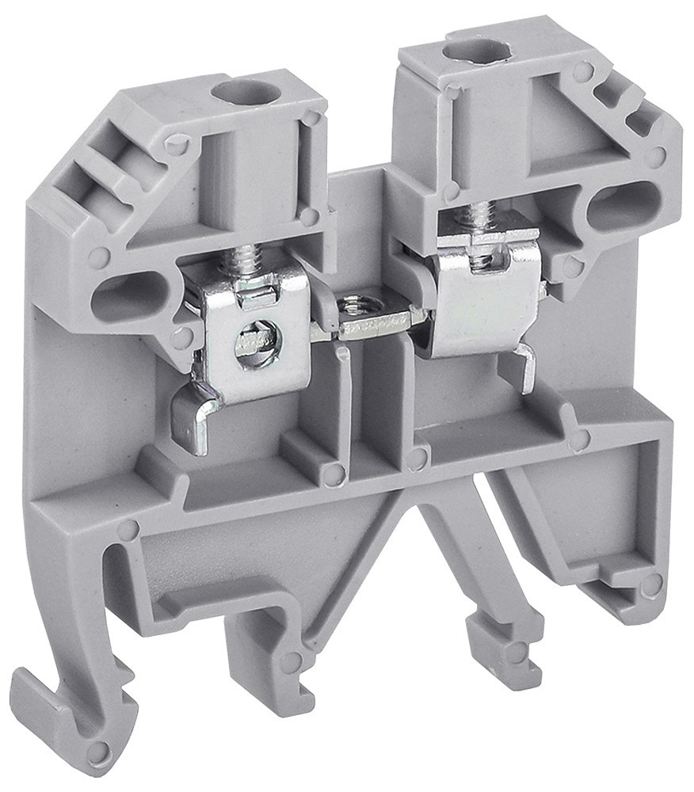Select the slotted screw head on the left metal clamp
click(x=257, y=343)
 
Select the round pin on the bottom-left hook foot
click(x=98, y=752)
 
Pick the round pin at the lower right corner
click(x=650, y=585)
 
